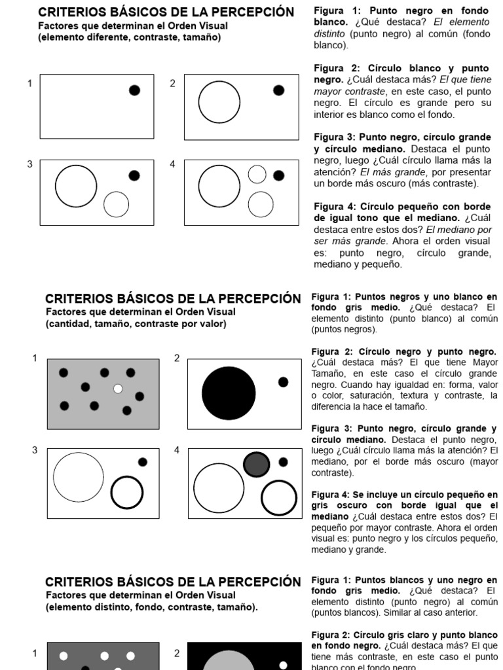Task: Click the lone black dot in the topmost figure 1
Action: coord(134,90)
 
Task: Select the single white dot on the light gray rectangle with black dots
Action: coord(118,389)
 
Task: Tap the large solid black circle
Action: coord(229,393)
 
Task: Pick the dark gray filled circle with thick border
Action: coord(256,464)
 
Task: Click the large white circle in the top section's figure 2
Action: coord(219,102)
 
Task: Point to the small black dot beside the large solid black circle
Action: coord(283,382)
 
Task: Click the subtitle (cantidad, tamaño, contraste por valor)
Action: coord(136,324)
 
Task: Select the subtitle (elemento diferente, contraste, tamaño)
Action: coord(130,37)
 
